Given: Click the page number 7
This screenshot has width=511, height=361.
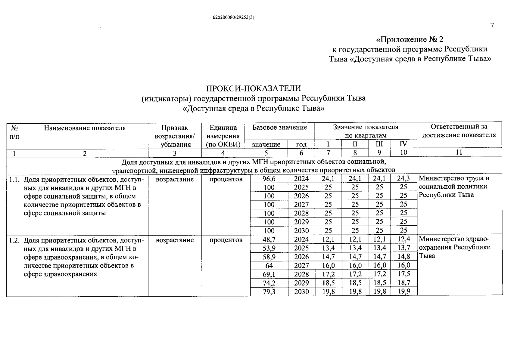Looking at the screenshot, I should click(492, 25).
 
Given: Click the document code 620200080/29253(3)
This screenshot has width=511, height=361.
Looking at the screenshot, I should click(234, 17).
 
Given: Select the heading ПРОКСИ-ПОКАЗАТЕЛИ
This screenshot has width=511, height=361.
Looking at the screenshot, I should click(253, 88).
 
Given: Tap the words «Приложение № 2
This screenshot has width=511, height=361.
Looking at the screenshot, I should click(410, 39).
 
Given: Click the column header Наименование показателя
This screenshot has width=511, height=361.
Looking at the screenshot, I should click(85, 128).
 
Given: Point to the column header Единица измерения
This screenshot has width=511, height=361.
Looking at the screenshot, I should click(223, 132).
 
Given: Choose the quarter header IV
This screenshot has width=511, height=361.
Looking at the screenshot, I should click(403, 144).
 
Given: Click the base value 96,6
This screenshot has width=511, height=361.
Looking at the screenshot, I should click(269, 179).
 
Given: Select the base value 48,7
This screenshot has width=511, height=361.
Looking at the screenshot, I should click(269, 239).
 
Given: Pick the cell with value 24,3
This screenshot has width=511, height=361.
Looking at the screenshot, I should click(404, 178).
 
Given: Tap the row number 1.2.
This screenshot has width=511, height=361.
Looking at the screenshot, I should click(14, 240).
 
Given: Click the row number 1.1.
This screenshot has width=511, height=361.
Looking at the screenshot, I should click(14, 180).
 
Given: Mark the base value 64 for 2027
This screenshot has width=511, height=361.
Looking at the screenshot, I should click(269, 266).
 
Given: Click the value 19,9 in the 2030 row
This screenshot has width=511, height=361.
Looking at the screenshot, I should click(404, 291).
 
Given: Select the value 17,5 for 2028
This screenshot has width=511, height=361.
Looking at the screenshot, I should click(404, 274).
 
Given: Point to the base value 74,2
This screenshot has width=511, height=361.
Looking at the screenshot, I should click(269, 283).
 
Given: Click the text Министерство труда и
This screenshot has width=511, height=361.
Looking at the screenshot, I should click(454, 178).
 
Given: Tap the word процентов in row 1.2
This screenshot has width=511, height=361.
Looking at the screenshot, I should click(226, 240).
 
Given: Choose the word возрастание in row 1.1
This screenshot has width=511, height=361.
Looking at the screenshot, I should click(175, 179).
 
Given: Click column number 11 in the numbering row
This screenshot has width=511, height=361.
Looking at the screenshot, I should click(459, 153).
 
